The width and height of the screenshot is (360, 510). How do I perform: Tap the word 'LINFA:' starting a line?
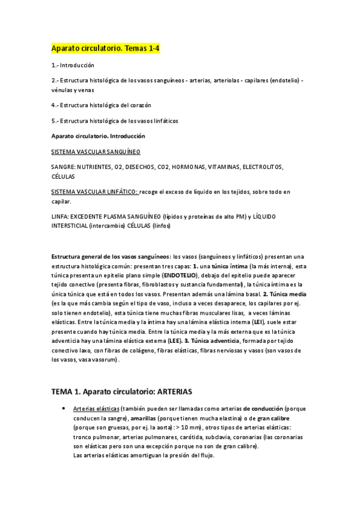(x=60, y=217)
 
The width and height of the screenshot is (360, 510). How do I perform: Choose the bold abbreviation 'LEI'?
(x=259, y=323)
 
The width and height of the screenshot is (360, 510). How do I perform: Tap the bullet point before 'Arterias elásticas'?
(x=64, y=408)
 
